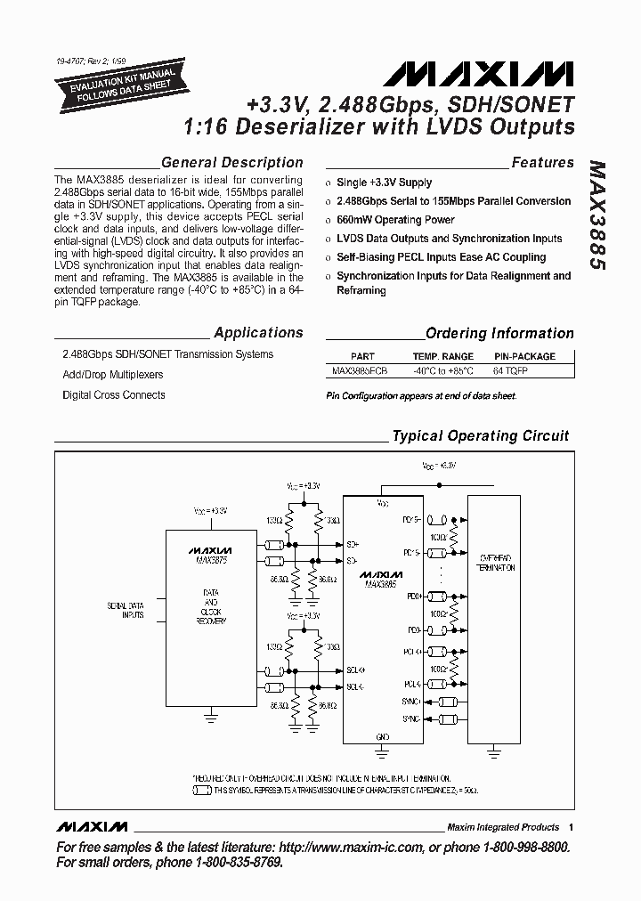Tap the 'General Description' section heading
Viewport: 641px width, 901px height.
pyautogui.click(x=231, y=163)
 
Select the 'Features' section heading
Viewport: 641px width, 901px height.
pyautogui.click(x=542, y=163)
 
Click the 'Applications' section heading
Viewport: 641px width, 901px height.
pyautogui.click(x=258, y=333)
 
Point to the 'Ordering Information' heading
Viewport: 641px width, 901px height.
pyautogui.click(x=499, y=334)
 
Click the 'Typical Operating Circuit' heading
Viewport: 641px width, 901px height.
pyautogui.click(x=481, y=436)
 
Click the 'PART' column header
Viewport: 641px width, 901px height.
pyautogui.click(x=362, y=356)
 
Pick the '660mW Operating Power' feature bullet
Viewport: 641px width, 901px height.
pyautogui.click(x=395, y=220)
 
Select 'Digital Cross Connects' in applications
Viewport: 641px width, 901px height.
pyautogui.click(x=114, y=395)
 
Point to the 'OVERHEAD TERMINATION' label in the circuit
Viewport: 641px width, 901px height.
pyautogui.click(x=496, y=561)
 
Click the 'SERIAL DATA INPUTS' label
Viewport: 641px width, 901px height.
pyautogui.click(x=126, y=611)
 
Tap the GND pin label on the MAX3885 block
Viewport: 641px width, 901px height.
pyautogui.click(x=383, y=737)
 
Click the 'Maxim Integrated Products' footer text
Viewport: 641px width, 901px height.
pyautogui.click(x=503, y=827)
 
